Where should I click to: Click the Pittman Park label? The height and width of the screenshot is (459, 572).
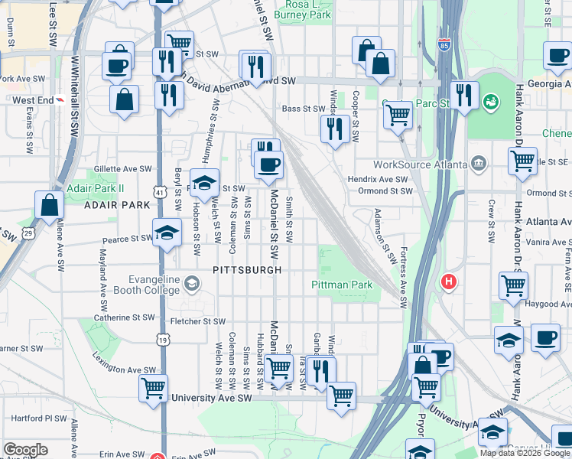[342, 285]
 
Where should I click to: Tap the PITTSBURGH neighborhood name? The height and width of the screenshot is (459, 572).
[247, 270]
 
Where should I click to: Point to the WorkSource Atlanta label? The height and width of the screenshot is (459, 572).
[420, 164]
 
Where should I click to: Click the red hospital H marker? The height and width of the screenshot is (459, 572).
[450, 282]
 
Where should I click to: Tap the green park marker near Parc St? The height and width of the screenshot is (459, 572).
[490, 100]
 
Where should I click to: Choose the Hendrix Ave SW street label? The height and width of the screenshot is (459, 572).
[378, 178]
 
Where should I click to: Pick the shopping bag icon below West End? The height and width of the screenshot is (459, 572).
[124, 99]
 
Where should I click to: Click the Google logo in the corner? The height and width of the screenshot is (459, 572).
[25, 450]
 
